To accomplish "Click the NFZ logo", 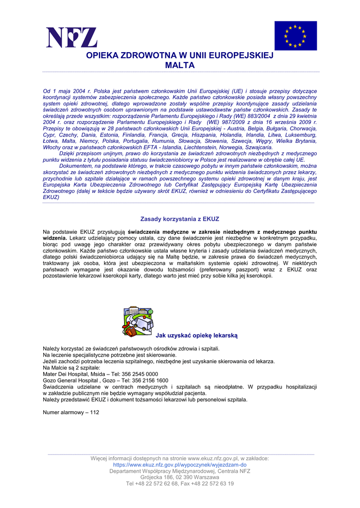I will (x=72, y=37).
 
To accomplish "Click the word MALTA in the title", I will (x=180, y=65).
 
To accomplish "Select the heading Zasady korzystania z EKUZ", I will (x=180, y=219).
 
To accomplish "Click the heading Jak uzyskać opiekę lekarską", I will (x=197, y=336).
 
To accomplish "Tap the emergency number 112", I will (x=95, y=412).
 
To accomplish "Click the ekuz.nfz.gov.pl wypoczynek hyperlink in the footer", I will (x=180, y=465).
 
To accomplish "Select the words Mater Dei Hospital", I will (x=63, y=374).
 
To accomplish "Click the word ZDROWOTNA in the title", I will (x=142, y=56).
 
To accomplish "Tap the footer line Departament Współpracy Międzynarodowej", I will (x=180, y=471).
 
